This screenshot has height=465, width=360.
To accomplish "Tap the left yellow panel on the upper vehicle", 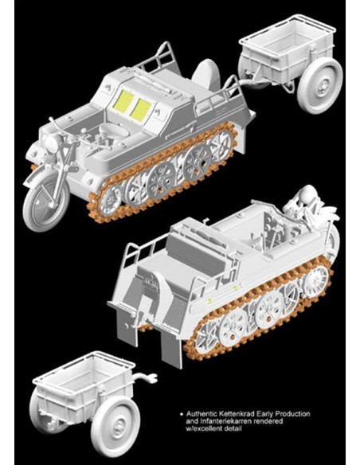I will [x=124, y=103].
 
